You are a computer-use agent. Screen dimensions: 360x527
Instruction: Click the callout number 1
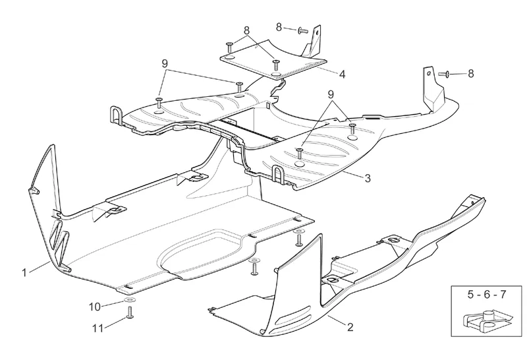pos(24,271)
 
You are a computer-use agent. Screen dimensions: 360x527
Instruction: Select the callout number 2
pos(350,326)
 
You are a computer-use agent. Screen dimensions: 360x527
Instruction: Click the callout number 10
pos(95,306)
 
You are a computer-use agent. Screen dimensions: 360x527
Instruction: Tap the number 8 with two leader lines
pos(246,30)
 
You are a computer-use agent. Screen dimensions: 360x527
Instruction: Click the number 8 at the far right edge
pos(470,75)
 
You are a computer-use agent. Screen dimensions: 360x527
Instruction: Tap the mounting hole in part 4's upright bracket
pos(318,36)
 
